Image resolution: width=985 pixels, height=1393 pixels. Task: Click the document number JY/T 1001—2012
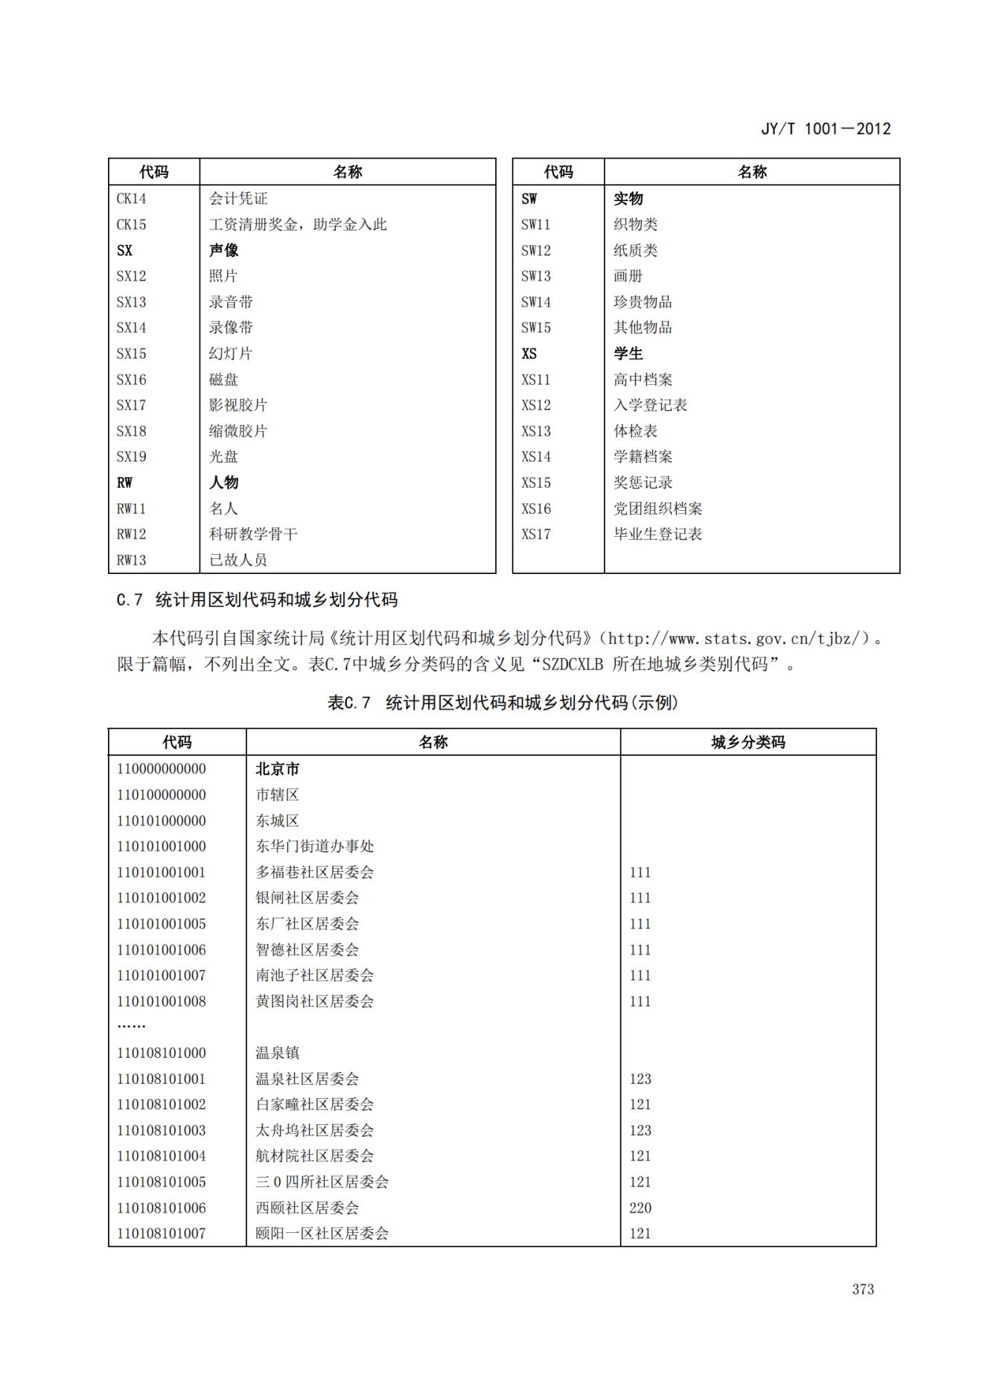(825, 129)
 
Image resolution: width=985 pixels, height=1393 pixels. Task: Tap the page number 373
(863, 1290)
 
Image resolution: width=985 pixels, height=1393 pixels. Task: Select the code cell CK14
(131, 199)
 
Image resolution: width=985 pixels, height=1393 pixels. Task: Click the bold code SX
(124, 250)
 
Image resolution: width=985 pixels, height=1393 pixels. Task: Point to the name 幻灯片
(230, 354)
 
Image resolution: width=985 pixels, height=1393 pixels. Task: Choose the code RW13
(131, 560)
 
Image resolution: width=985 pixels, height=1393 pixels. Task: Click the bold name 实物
(628, 199)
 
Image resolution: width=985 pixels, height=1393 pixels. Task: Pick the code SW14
(535, 302)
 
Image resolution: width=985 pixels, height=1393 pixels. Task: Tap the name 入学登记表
(650, 405)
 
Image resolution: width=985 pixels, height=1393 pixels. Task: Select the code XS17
(535, 534)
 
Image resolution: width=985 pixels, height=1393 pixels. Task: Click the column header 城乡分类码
(747, 742)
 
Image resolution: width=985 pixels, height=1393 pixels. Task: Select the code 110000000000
(161, 769)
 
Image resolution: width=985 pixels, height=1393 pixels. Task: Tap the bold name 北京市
(277, 769)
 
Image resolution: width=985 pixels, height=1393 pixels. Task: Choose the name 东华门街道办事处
(314, 847)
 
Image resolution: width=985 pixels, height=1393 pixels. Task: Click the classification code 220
(640, 1208)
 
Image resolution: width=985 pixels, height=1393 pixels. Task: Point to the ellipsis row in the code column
(131, 1026)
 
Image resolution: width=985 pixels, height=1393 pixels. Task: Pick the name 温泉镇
(277, 1053)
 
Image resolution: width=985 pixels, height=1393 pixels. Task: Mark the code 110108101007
(161, 1234)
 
